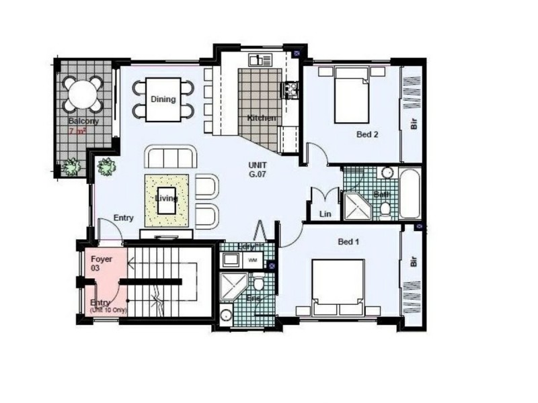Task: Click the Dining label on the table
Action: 163,99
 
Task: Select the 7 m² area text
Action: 77,131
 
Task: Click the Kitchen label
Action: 262,118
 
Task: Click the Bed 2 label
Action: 367,134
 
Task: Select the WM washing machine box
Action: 253,259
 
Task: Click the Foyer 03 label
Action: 101,263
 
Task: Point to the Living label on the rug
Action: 167,199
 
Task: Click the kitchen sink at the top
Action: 260,60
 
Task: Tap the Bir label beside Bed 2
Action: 413,124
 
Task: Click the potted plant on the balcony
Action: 71,166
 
